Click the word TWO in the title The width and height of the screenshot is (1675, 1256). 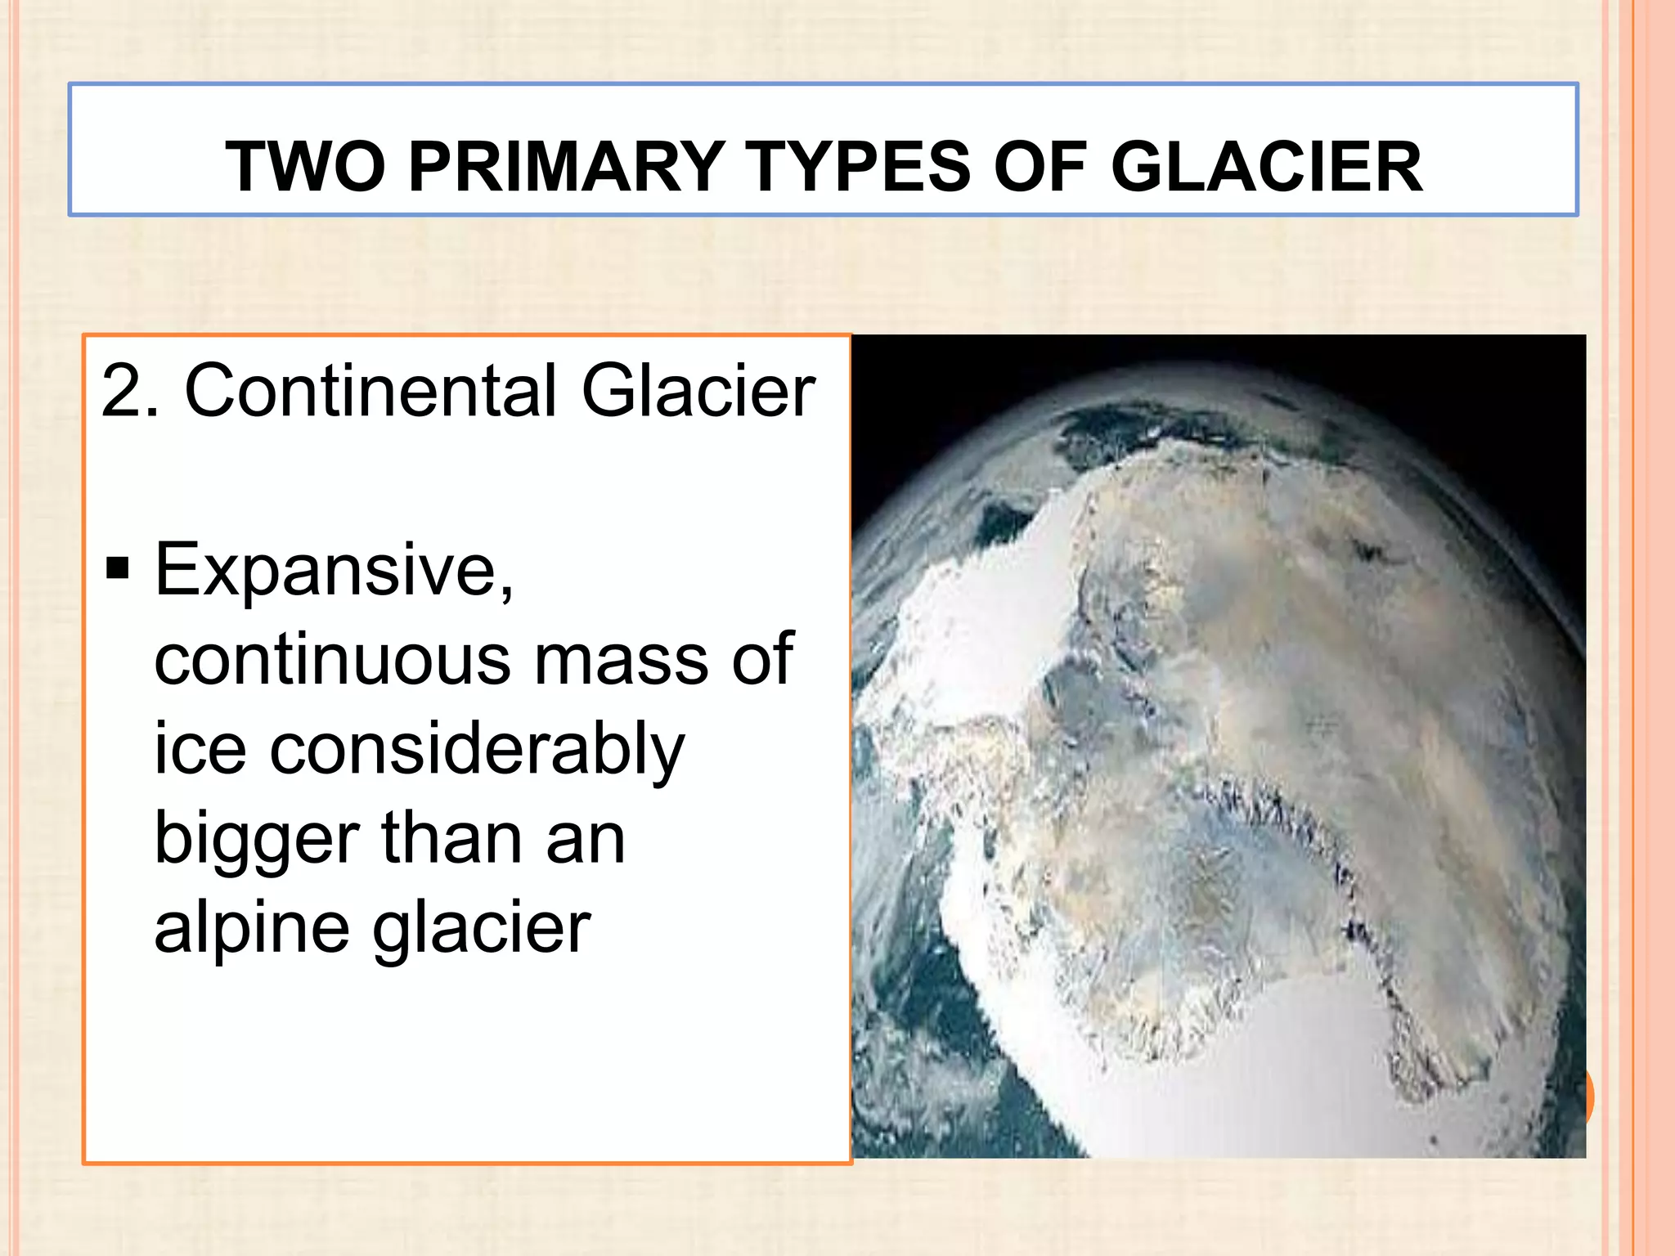click(305, 167)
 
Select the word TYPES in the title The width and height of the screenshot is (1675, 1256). click(859, 167)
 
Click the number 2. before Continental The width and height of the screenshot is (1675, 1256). click(130, 391)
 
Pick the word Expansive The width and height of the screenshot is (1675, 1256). click(334, 571)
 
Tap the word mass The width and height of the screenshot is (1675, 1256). click(621, 659)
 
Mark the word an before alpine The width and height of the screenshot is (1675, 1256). click(586, 839)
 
